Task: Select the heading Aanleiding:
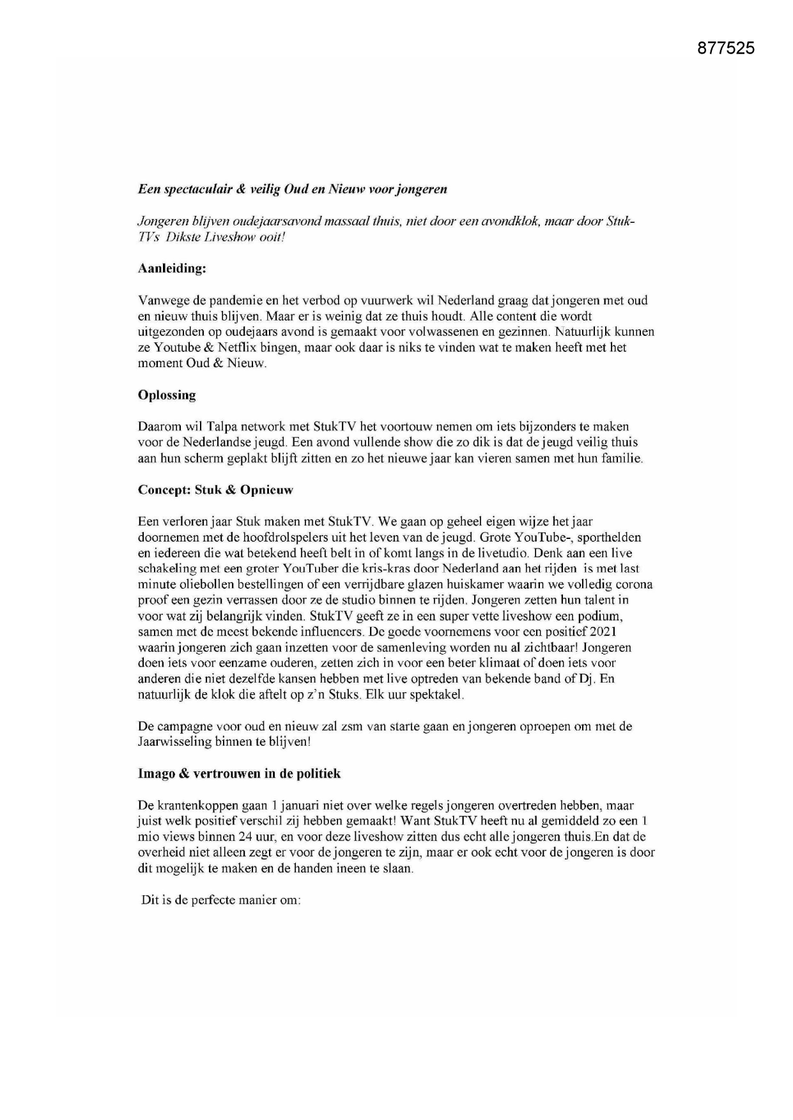172,269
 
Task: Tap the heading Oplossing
167,395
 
